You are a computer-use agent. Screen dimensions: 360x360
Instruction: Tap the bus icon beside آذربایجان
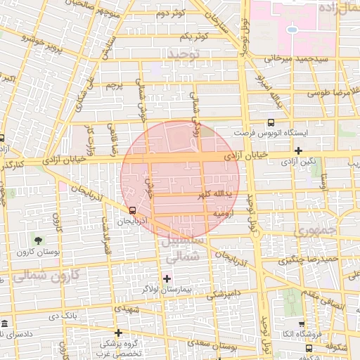133,210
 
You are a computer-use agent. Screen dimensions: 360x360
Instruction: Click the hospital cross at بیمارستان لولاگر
167,278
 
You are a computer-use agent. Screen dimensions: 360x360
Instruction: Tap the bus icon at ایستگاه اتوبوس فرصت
271,122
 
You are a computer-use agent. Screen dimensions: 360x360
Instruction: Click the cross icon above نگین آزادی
299,150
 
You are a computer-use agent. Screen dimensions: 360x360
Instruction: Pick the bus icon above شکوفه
309,347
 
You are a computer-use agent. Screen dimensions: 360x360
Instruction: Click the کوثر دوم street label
171,13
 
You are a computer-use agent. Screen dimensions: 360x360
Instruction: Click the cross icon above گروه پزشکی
117,333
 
